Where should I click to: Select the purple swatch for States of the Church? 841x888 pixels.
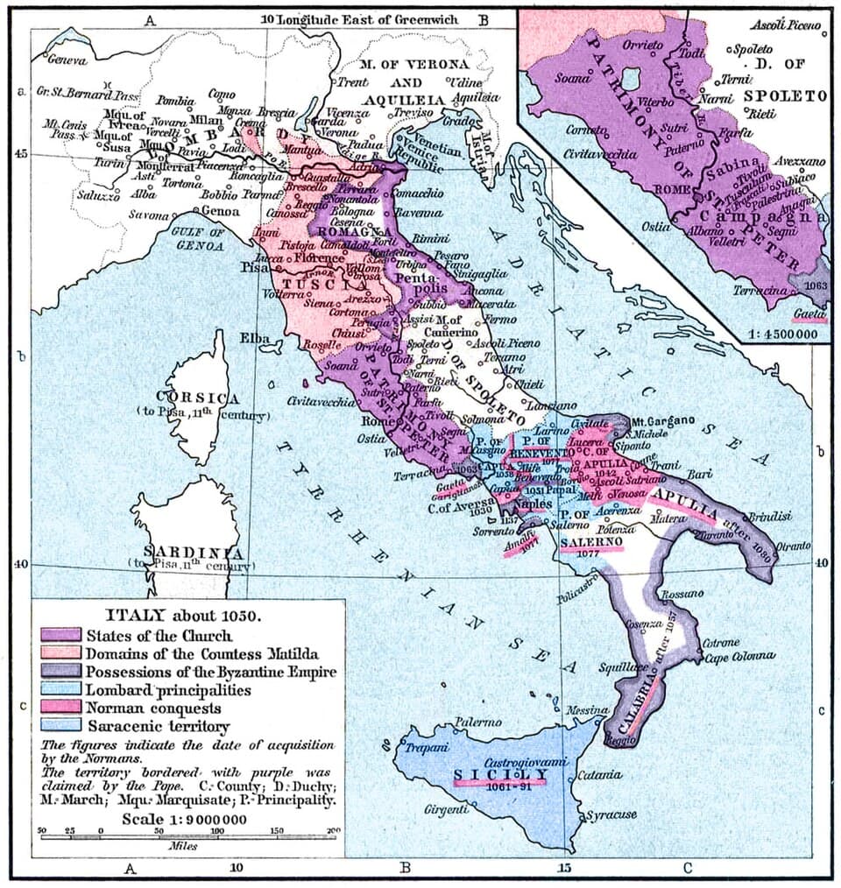58,635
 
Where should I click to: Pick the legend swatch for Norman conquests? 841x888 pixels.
58,708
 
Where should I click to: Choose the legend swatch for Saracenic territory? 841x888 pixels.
58,726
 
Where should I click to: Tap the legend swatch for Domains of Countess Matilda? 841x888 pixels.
58,653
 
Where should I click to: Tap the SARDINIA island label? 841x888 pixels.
187,553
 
